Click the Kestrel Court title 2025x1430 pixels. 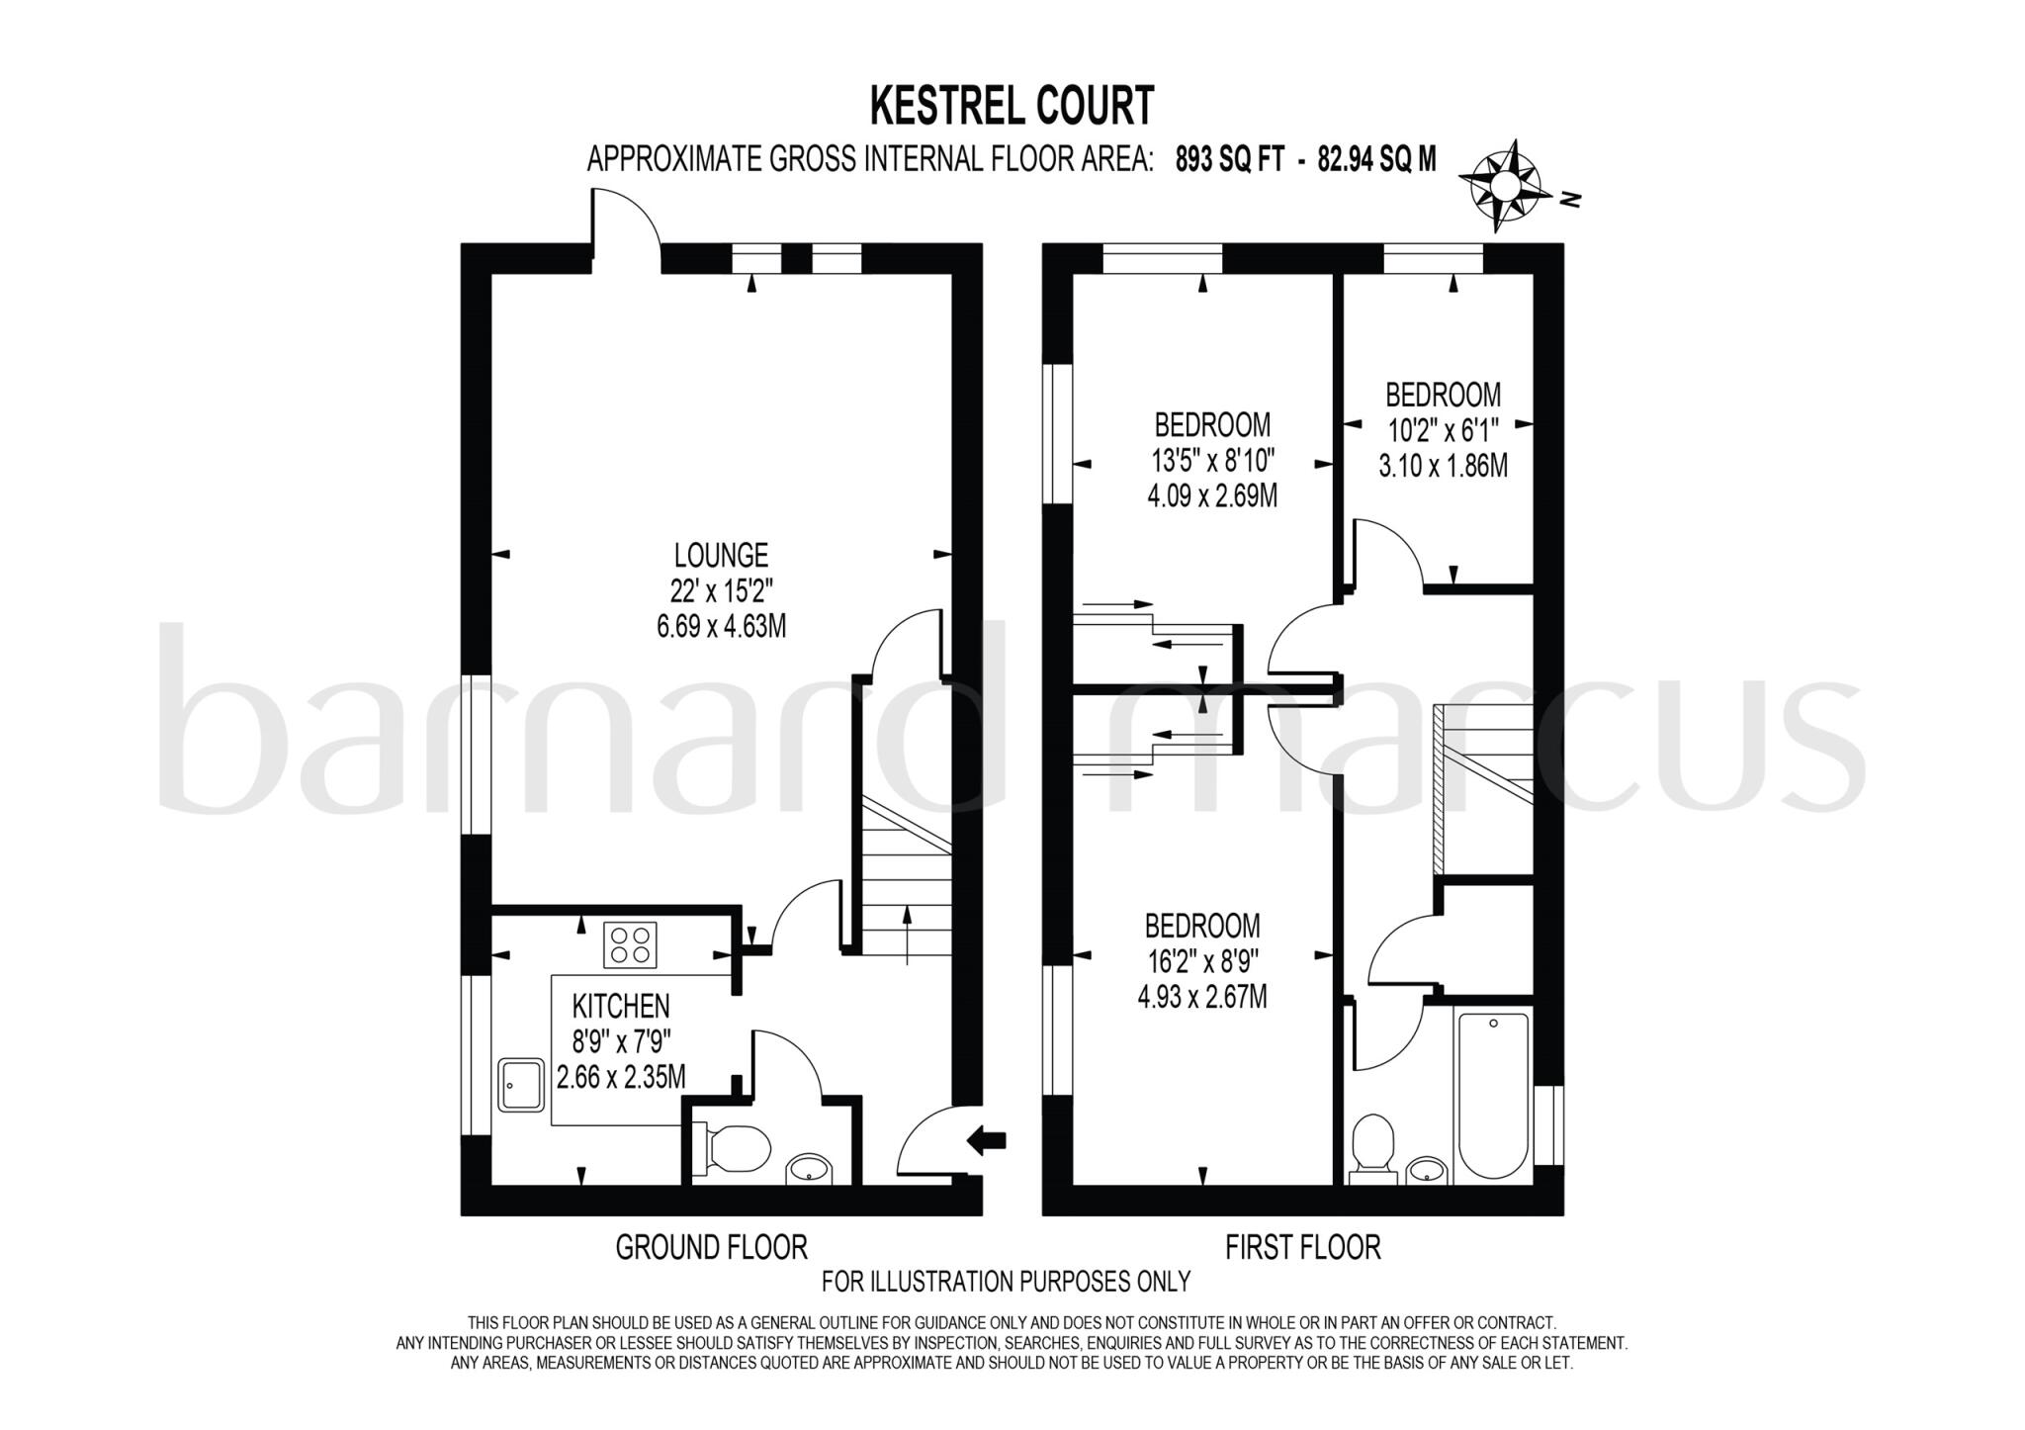[x=1012, y=106]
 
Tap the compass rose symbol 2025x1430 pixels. [x=1500, y=186]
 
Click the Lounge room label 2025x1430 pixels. [x=721, y=554]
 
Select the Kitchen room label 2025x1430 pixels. [x=621, y=1006]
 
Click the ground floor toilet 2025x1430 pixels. [x=733, y=1147]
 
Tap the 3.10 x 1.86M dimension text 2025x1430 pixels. [x=1443, y=465]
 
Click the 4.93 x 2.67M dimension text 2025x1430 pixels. [x=1202, y=995]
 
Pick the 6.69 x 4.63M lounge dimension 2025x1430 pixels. [x=721, y=626]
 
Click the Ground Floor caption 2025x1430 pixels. [x=711, y=1247]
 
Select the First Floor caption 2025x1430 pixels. [x=1302, y=1247]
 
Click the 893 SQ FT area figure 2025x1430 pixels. [x=1229, y=159]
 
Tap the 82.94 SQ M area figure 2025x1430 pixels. [x=1376, y=159]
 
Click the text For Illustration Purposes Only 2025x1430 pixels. [x=1006, y=1282]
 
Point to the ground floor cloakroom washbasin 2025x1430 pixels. [x=810, y=1169]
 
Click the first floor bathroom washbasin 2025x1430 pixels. [x=1424, y=1170]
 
